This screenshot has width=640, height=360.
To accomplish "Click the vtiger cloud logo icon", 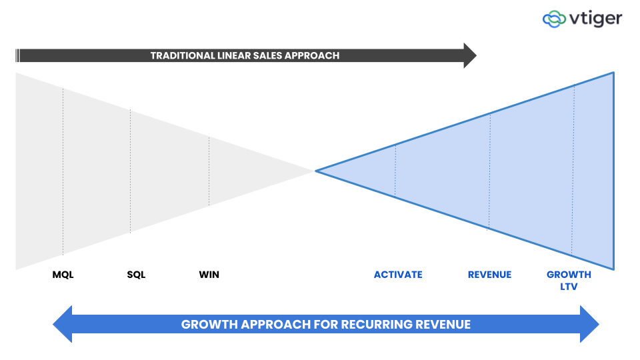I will click(554, 19).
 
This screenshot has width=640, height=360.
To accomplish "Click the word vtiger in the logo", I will click(595, 19).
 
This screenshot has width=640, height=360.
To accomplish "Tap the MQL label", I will click(63, 275).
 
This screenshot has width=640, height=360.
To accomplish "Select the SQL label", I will click(136, 275).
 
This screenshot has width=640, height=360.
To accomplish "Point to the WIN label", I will click(209, 275).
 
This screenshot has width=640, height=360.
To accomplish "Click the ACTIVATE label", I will click(398, 275).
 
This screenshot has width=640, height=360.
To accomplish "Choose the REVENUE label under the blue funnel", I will click(489, 275).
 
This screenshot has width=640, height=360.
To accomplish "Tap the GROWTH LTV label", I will click(569, 281).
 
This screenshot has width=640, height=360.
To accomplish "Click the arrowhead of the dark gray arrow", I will click(470, 55).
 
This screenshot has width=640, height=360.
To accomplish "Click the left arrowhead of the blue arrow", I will click(63, 325).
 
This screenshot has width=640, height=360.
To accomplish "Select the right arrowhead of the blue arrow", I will click(589, 325).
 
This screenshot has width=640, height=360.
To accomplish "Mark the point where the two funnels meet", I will click(315, 171).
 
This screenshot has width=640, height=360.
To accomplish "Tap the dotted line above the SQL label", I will click(130, 171).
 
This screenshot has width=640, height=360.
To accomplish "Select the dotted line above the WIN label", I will click(209, 171).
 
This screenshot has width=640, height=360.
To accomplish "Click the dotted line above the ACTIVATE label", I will click(395, 171).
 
